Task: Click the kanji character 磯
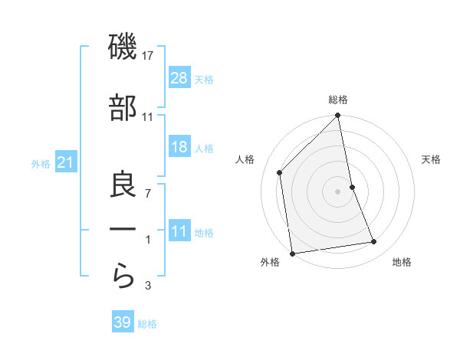click(123, 47)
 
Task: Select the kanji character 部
click(123, 108)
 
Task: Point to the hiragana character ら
click(123, 274)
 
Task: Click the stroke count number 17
click(149, 56)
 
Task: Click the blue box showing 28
click(179, 78)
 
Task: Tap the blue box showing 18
click(179, 148)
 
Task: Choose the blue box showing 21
click(66, 162)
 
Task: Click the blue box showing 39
click(123, 322)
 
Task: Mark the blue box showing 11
click(179, 231)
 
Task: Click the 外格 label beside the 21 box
click(41, 163)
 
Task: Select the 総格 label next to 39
click(147, 324)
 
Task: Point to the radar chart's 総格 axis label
click(337, 100)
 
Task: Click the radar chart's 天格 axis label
click(432, 159)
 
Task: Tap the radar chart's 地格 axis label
click(402, 263)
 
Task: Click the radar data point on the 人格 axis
click(280, 172)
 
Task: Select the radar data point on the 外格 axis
click(292, 253)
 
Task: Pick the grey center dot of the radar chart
click(337, 191)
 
